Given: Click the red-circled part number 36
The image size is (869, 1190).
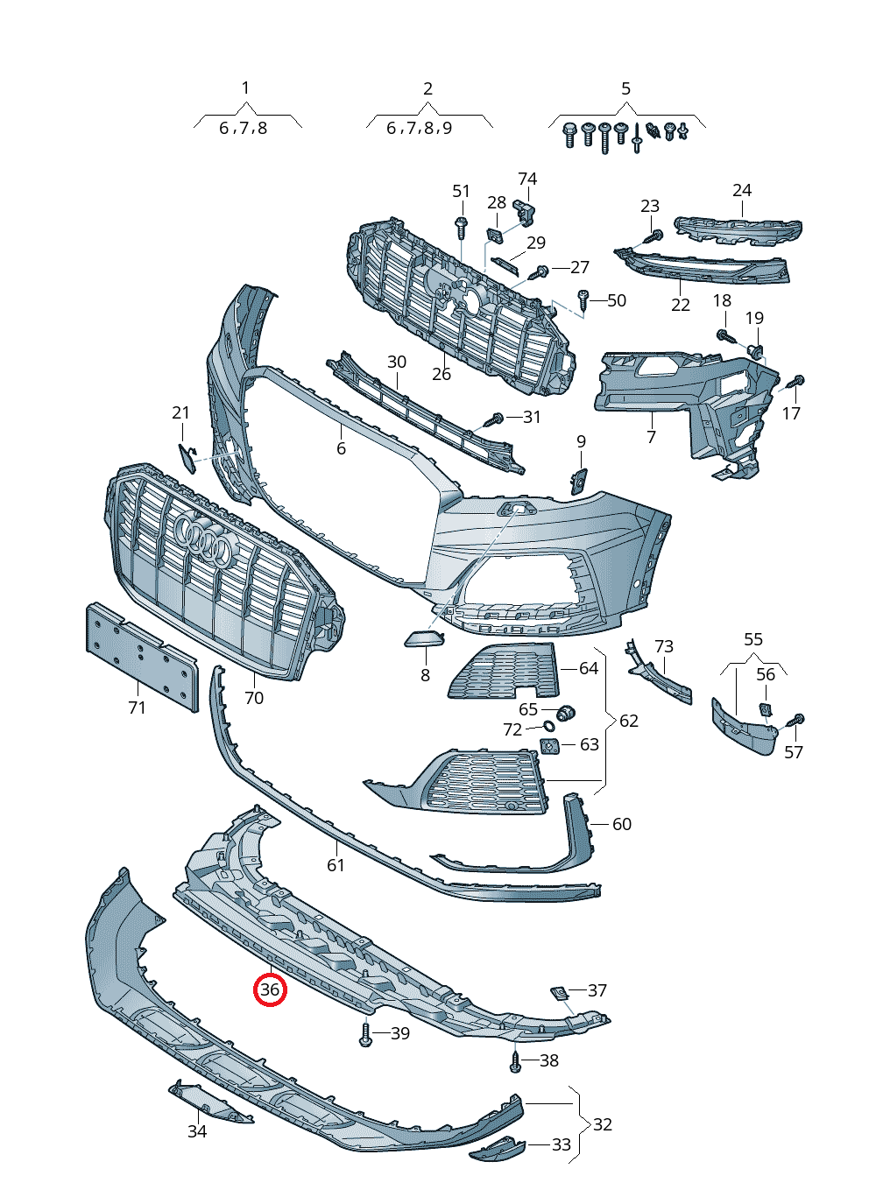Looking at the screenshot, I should (x=270, y=989).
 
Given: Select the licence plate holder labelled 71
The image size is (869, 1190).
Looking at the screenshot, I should (x=140, y=657).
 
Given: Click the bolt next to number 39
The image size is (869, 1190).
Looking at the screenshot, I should (x=365, y=1034).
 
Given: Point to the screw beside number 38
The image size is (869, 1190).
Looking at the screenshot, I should (x=516, y=1061).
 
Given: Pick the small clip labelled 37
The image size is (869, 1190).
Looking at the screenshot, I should (x=558, y=992).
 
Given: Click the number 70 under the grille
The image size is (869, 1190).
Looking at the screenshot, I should (x=253, y=698).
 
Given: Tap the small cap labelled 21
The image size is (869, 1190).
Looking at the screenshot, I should (x=187, y=457).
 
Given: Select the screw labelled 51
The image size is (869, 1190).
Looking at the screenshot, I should (x=461, y=227).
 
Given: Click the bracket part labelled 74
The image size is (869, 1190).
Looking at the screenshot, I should (x=525, y=210).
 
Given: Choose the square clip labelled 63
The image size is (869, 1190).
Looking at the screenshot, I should (x=549, y=746).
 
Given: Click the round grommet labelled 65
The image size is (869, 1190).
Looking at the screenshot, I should (x=565, y=712).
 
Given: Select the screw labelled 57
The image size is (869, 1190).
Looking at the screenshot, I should (x=797, y=721).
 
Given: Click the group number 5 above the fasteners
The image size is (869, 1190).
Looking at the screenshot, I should (x=625, y=88).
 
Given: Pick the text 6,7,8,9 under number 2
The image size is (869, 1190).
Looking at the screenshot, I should (x=420, y=128).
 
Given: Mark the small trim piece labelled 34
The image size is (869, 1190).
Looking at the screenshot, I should (x=208, y=1102).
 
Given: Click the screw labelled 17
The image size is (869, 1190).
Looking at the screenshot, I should (x=797, y=382).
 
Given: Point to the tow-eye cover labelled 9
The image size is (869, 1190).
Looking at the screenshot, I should (x=579, y=479).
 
